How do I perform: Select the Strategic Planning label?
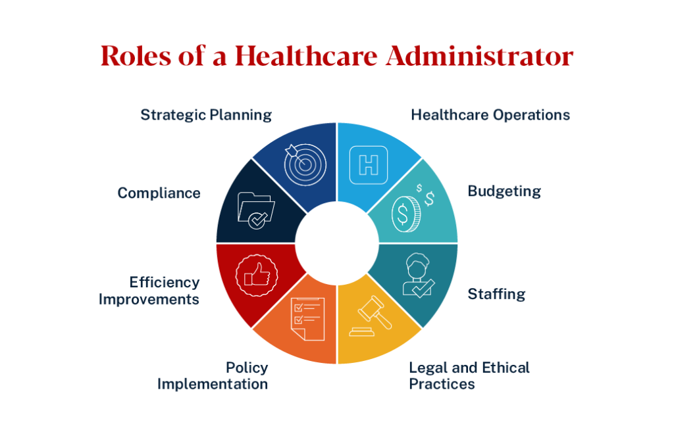[x=206, y=115]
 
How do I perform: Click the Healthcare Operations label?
[x=490, y=115]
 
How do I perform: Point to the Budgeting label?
[x=504, y=191]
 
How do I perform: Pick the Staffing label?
[x=496, y=293]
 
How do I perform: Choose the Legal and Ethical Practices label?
[x=469, y=375]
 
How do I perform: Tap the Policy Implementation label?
[x=213, y=375]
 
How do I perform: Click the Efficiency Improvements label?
[x=149, y=290]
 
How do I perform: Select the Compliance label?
[x=159, y=193]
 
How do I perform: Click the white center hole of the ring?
[x=337, y=243]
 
